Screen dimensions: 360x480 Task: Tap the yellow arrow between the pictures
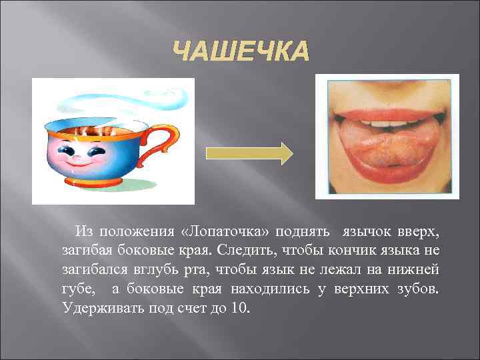(248, 153)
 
